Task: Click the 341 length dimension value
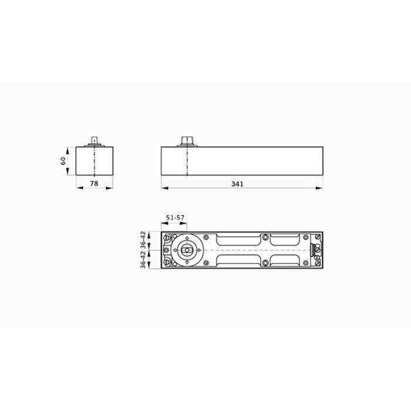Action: coord(237,184)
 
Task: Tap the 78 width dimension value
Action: coord(94,183)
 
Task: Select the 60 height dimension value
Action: coord(63,161)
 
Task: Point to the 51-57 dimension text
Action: coord(175,218)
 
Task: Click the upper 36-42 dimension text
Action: coord(143,239)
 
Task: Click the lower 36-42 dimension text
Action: coord(143,260)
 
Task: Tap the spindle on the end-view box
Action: coord(94,140)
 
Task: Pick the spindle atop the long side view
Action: coord(187,140)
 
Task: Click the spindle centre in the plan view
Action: coord(187,250)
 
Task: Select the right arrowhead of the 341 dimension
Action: coord(319,188)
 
